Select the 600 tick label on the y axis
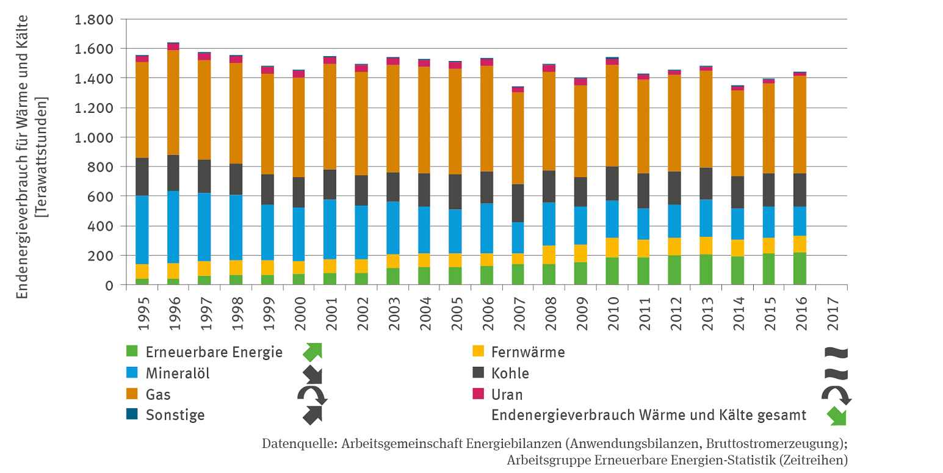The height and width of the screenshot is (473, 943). [101, 197]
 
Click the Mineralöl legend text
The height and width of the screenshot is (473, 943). [178, 373]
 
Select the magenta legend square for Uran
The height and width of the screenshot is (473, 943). [479, 394]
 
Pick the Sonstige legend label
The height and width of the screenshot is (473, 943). [175, 415]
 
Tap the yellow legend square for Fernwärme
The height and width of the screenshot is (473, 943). [479, 352]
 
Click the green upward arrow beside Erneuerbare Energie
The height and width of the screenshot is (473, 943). [312, 352]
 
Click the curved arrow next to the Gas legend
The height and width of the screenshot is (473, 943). [312, 394]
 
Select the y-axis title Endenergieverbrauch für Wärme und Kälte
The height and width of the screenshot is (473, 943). [23, 157]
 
